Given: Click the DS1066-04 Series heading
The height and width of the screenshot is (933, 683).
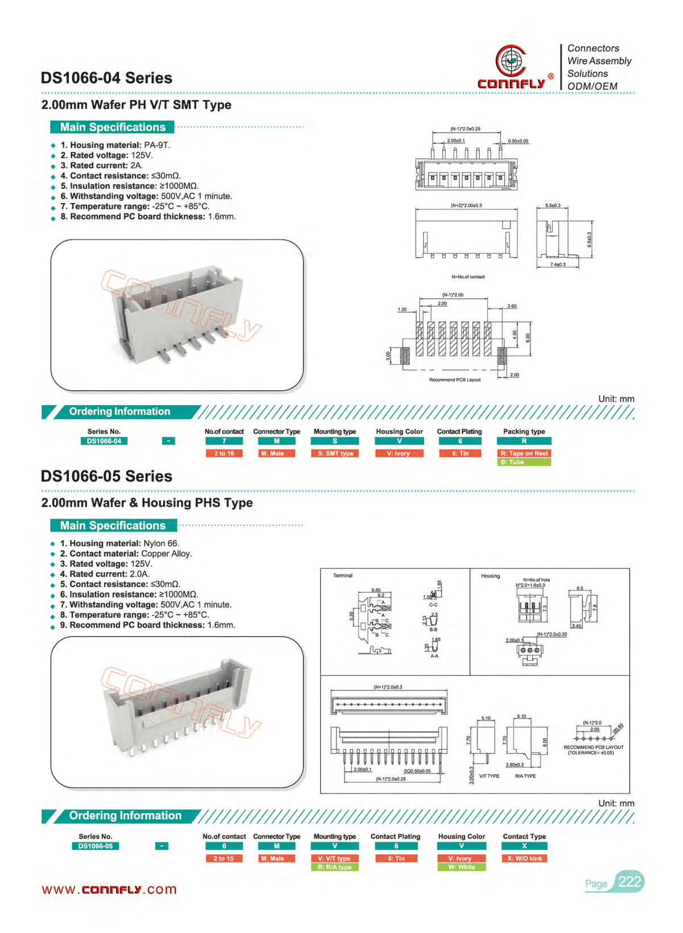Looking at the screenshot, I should click(x=106, y=78).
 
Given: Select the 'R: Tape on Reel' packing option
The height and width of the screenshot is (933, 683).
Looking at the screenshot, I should click(x=524, y=453).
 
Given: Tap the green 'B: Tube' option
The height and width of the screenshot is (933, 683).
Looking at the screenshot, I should click(x=524, y=462).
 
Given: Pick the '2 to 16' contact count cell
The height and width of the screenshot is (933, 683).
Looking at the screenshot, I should click(x=224, y=453).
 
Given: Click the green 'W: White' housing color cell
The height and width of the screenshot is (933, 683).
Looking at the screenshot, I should click(x=462, y=867).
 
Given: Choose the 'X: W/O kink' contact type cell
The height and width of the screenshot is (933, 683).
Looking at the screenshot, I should click(x=524, y=858).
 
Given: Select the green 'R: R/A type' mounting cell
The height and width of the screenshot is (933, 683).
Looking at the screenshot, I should click(x=335, y=867).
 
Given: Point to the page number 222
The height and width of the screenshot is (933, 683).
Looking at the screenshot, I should click(x=629, y=882).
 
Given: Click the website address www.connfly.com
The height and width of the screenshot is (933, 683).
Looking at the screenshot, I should click(x=109, y=889).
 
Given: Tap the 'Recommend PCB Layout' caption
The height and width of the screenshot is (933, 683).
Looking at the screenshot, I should click(x=455, y=379).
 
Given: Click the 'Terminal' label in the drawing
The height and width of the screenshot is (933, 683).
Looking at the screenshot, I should click(x=343, y=576).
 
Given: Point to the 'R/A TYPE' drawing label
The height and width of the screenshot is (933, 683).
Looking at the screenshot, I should click(x=525, y=776).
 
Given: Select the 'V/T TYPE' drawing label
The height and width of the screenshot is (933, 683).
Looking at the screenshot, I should click(x=489, y=776).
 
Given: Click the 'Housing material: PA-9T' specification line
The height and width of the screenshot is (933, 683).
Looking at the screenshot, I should click(x=116, y=145).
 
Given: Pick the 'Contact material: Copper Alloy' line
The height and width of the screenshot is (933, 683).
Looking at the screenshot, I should click(x=126, y=554).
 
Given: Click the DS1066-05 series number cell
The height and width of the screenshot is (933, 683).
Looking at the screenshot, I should click(x=96, y=846).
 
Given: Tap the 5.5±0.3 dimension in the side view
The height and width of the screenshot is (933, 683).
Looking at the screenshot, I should click(x=553, y=205).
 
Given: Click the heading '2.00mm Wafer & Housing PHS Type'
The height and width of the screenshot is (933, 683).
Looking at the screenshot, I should click(x=147, y=503).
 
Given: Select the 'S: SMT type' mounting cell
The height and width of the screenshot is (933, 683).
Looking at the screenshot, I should click(x=335, y=453).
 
